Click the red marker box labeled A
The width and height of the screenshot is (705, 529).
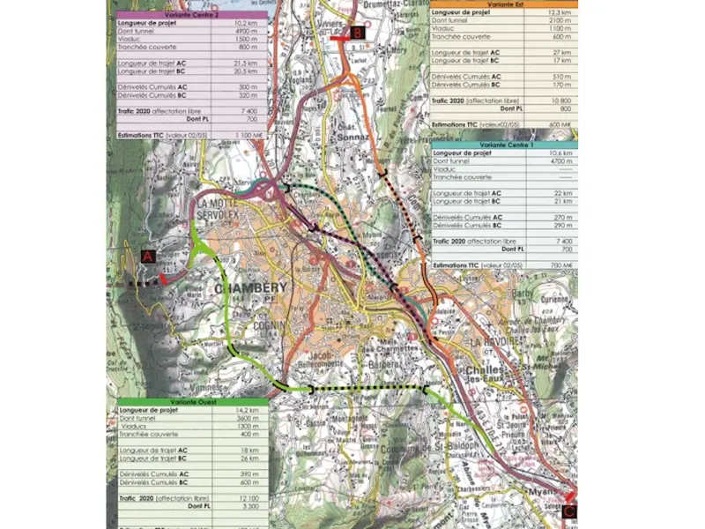(x=147, y=256)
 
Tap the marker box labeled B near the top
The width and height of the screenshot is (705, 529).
(x=357, y=33)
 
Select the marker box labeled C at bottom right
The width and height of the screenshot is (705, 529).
(x=569, y=510)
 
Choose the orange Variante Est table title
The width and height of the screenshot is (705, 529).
(x=504, y=4)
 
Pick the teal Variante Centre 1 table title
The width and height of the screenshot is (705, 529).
(x=504, y=145)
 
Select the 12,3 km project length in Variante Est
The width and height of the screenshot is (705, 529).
(x=561, y=12)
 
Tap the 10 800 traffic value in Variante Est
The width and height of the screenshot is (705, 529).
(x=560, y=101)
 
